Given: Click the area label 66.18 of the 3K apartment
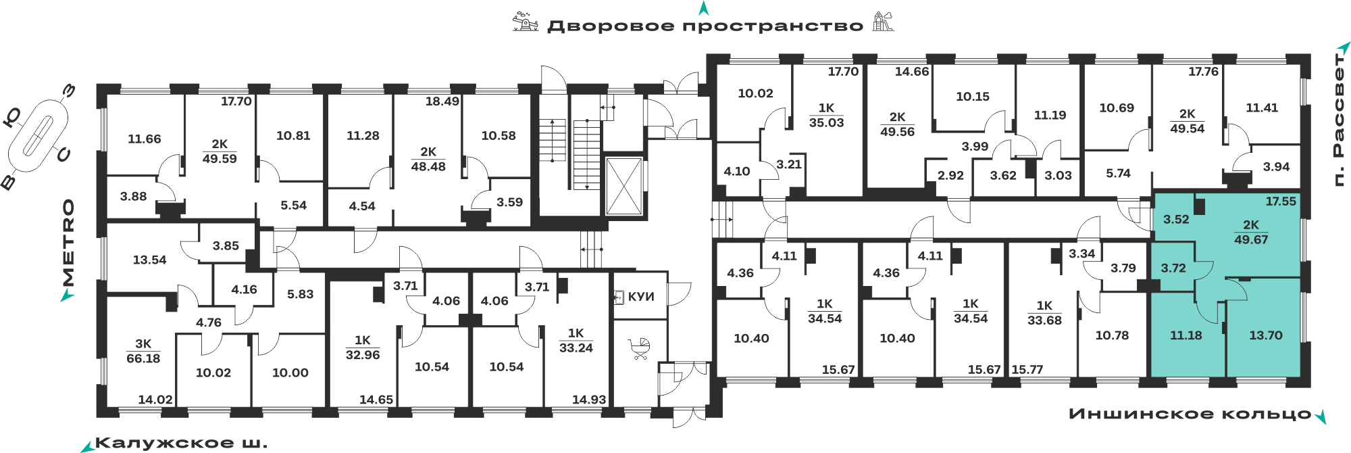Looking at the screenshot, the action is pyautogui.click(x=143, y=358).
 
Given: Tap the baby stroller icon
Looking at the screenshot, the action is pyautogui.click(x=639, y=349).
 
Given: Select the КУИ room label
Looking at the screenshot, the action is pyautogui.click(x=641, y=297).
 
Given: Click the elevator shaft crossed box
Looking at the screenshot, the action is pyautogui.click(x=623, y=186).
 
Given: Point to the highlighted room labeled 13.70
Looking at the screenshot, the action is pyautogui.click(x=1265, y=335).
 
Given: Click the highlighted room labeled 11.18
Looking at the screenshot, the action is pyautogui.click(x=1186, y=335).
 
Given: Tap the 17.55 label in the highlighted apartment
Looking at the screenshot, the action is pyautogui.click(x=1281, y=201).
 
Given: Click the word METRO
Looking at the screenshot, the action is pyautogui.click(x=68, y=243).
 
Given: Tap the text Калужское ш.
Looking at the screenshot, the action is pyautogui.click(x=181, y=444).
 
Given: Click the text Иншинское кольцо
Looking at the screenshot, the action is pyautogui.click(x=1190, y=414).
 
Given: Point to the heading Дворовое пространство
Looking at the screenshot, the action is pyautogui.click(x=705, y=26).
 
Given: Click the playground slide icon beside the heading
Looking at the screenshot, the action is pyautogui.click(x=883, y=22).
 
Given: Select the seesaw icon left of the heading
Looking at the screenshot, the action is pyautogui.click(x=526, y=22).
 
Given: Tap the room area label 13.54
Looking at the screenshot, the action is pyautogui.click(x=149, y=260).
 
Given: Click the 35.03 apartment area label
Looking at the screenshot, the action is pyautogui.click(x=827, y=122).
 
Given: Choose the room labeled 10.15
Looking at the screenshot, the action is pyautogui.click(x=973, y=97).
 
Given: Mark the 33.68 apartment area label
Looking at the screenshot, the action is pyautogui.click(x=1045, y=320).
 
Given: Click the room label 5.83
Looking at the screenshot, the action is pyautogui.click(x=301, y=294).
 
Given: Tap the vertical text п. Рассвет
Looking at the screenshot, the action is pyautogui.click(x=1338, y=119).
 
